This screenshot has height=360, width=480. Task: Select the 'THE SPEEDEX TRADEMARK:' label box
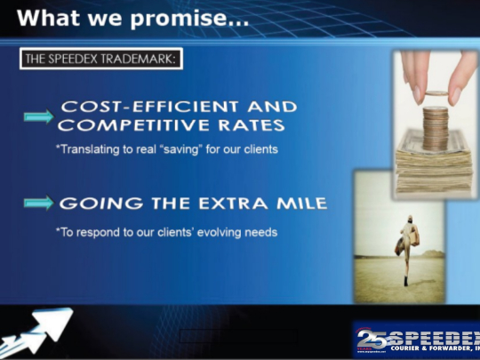point(100,60)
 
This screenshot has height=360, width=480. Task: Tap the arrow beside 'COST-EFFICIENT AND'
point(37,116)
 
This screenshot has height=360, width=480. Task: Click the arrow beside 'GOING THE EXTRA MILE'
point(37,204)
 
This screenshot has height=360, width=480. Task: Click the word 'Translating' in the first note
point(87,149)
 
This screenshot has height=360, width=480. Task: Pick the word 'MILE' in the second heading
point(302,204)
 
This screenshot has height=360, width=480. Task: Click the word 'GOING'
point(89,204)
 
